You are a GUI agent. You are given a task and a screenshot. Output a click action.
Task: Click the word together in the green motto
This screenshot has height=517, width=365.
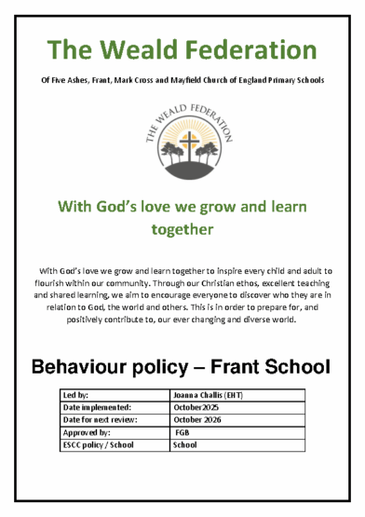[x=182, y=228]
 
